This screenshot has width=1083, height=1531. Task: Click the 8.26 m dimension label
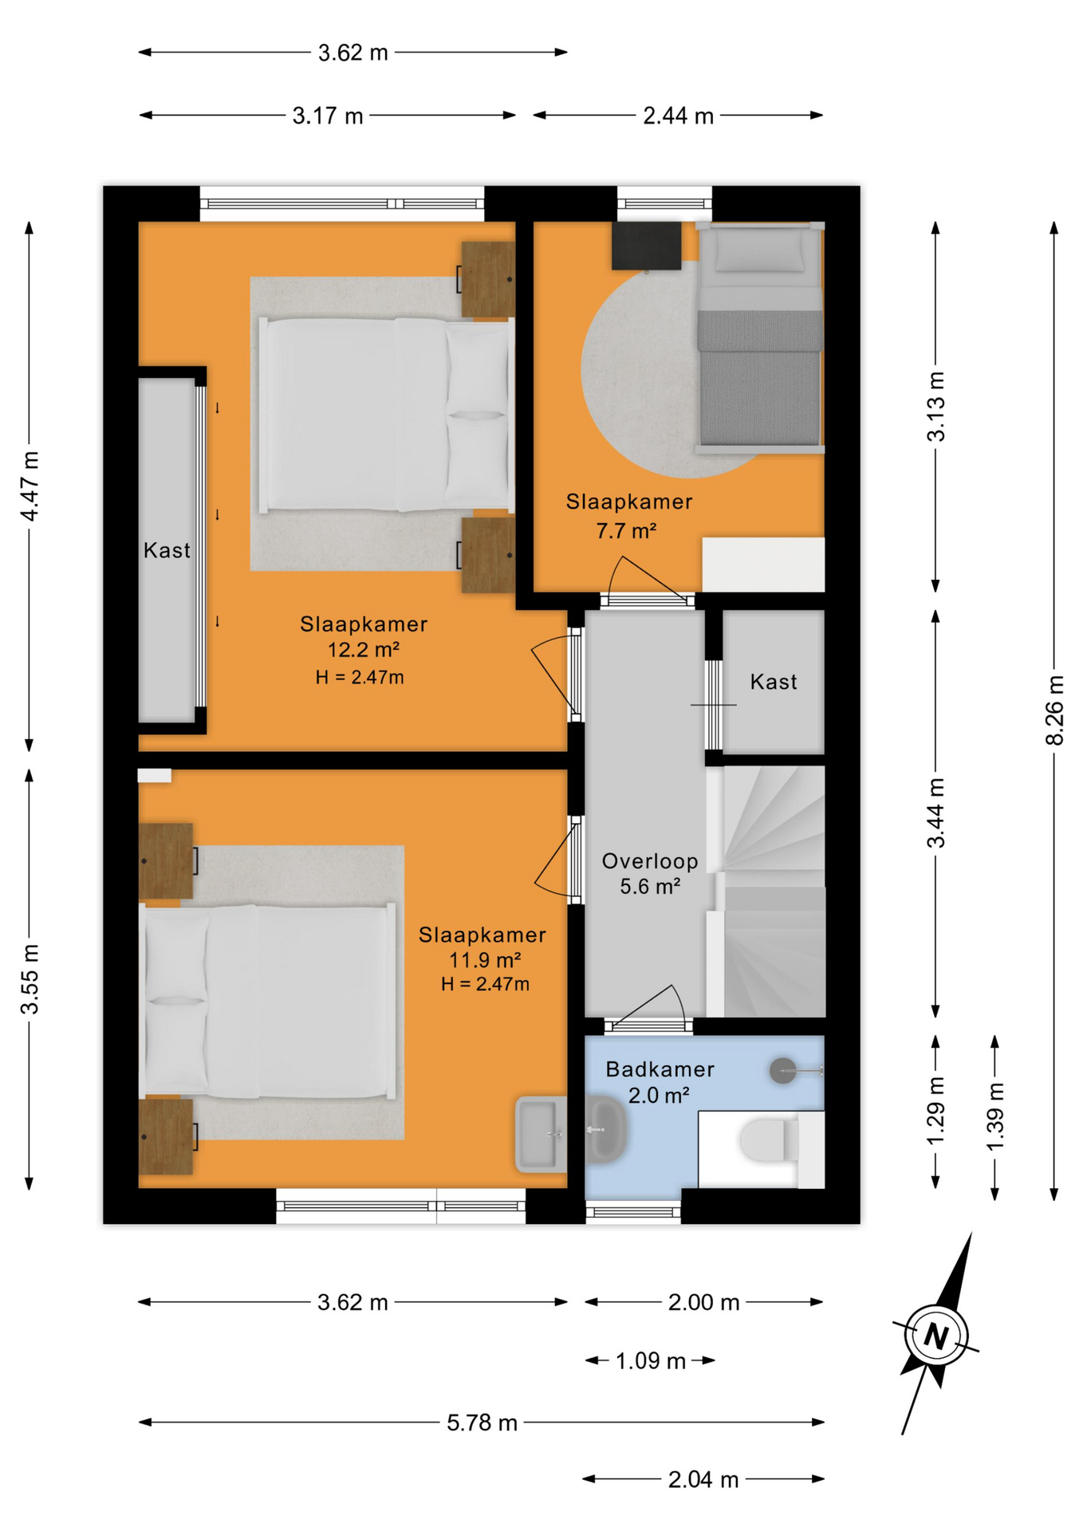[1054, 710]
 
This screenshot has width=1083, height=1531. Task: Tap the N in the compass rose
[936, 1335]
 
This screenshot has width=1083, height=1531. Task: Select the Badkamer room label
[660, 1069]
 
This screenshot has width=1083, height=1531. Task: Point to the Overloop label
[650, 861]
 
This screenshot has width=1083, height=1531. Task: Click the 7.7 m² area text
[626, 530]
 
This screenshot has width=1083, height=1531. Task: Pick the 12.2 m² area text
[363, 650]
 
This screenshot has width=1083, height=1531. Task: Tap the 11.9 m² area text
[485, 959]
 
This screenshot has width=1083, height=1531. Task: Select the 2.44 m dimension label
[678, 116]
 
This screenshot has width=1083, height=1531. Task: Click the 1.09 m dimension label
[650, 1361]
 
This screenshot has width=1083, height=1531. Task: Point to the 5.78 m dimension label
[482, 1423]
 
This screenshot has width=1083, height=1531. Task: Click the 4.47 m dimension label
[30, 486]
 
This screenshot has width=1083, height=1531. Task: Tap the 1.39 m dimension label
[994, 1117]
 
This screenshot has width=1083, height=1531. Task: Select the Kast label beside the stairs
[774, 682]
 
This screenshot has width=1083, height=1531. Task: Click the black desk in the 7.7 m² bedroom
[646, 246]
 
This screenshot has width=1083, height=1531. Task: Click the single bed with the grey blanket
[760, 337]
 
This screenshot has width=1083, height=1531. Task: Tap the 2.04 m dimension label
[703, 1480]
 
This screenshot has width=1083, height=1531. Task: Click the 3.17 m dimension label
[327, 116]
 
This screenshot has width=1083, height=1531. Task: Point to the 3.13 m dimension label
[935, 407]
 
